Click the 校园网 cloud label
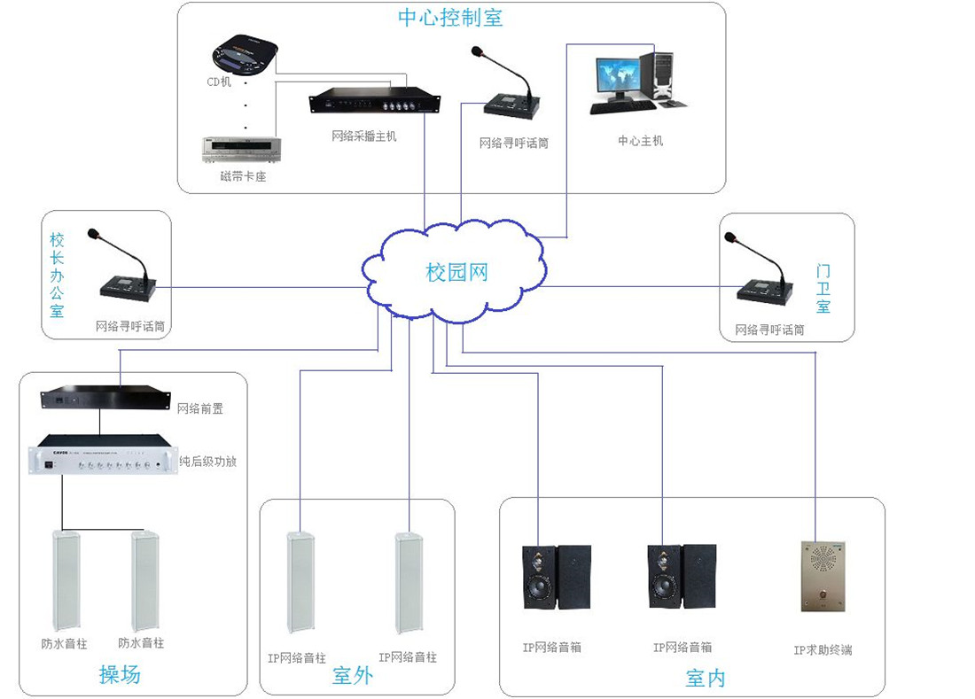pos(456,272)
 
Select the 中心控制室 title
pos(450,18)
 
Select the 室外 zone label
pos(352,676)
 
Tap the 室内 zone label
pos(706,679)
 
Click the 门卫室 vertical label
pos(823,289)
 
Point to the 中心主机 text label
pos(640,141)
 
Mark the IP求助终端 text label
pos(823,650)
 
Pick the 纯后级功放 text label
pos(208,462)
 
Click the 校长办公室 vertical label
pos(57,275)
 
